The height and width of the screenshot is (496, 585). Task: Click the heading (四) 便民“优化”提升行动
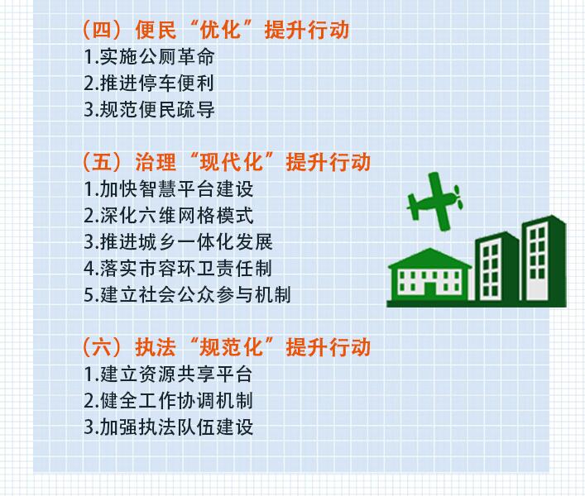coord(216,30)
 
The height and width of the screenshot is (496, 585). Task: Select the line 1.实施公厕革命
coord(149,57)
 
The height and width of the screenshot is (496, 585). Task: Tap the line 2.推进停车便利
coord(149,83)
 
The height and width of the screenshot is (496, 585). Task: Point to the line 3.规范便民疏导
coord(149,110)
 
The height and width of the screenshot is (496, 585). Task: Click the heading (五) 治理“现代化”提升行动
coord(227,162)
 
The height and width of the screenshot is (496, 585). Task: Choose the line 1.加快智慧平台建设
coord(169,189)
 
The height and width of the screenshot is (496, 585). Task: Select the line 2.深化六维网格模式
coord(169,216)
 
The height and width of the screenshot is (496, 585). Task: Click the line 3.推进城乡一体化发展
coord(179,242)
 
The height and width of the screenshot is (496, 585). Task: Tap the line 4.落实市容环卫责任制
coord(179,269)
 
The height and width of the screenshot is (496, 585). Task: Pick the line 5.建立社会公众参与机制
coord(188,295)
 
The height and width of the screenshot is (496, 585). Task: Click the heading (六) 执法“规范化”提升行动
coord(227,347)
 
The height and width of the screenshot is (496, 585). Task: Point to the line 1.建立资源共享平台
coord(169,374)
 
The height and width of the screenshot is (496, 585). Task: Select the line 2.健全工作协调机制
coord(169,401)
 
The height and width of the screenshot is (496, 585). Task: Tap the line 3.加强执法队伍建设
coord(169,427)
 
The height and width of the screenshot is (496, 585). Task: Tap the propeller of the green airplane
coord(458,197)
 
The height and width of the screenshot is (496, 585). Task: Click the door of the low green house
coord(429,292)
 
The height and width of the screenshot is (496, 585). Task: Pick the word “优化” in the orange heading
coord(221,30)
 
